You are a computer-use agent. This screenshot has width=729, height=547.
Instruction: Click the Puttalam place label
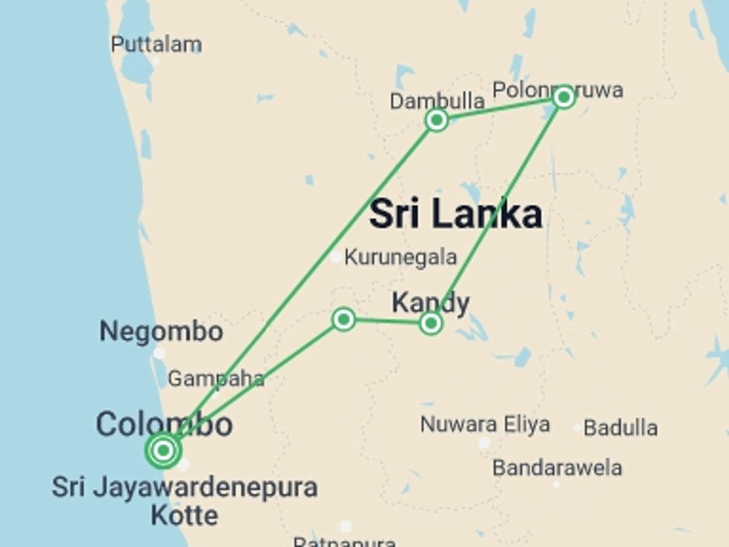pyautogui.click(x=156, y=44)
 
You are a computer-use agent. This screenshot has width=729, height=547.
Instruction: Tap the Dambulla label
pyautogui.click(x=437, y=101)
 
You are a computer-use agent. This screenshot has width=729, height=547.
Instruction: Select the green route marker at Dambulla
pyautogui.click(x=437, y=120)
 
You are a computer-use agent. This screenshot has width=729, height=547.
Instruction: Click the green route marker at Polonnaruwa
pyautogui.click(x=564, y=98)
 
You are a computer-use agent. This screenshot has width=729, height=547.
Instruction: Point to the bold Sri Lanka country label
pyautogui.click(x=456, y=214)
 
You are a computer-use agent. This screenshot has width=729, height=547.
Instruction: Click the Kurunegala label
pyautogui.click(x=400, y=257)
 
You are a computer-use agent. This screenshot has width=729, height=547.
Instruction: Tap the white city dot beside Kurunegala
pyautogui.click(x=336, y=257)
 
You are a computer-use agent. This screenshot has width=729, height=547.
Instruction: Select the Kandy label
pyautogui.click(x=431, y=302)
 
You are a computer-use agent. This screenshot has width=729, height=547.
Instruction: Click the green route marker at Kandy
pyautogui.click(x=431, y=323)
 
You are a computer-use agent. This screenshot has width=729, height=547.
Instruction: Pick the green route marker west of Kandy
pyautogui.click(x=344, y=319)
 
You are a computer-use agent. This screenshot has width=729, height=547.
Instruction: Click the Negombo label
pyautogui.click(x=161, y=331)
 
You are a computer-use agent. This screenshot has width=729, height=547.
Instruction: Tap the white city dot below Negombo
pyautogui.click(x=159, y=354)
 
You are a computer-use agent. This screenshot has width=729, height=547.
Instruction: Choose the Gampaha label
pyautogui.click(x=216, y=379)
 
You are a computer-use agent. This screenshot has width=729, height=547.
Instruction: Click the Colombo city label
pyautogui.click(x=164, y=424)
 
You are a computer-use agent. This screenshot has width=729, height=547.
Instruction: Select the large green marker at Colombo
pyautogui.click(x=163, y=451)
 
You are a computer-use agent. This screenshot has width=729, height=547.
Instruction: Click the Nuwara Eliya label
pyautogui.click(x=485, y=424)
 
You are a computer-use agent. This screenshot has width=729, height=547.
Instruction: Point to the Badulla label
pyautogui.click(x=620, y=428)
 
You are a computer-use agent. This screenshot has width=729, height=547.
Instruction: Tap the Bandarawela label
pyautogui.click(x=557, y=468)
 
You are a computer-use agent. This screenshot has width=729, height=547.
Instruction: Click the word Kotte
pyautogui.click(x=185, y=515)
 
